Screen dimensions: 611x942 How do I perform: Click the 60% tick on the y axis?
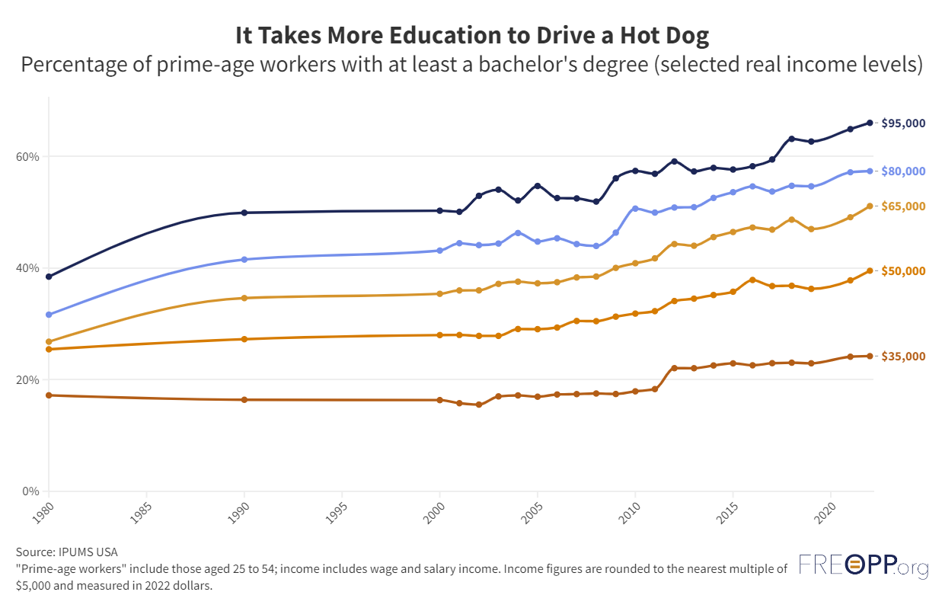[x=28, y=157]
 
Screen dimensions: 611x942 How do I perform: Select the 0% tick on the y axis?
[x=30, y=491]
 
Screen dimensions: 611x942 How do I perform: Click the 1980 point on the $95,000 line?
[x=49, y=277]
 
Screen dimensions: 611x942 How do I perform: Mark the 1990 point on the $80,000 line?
[x=244, y=260]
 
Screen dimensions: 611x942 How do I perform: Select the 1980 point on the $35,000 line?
[x=49, y=395]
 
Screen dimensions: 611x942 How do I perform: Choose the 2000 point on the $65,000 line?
[x=440, y=294]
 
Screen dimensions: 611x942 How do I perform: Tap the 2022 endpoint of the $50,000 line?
[x=870, y=271]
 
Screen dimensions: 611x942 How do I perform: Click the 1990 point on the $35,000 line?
[x=244, y=400]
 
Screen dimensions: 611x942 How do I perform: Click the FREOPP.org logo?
[x=864, y=567]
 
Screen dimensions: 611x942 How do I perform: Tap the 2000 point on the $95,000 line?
[x=440, y=210]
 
